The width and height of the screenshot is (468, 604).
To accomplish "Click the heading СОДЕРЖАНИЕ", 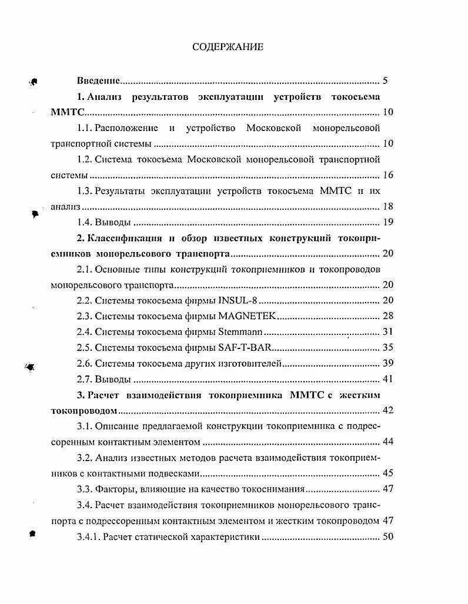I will click(x=228, y=47).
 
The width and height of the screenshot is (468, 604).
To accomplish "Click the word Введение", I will click(x=99, y=81).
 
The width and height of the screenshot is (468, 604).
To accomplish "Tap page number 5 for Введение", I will click(x=385, y=81).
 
